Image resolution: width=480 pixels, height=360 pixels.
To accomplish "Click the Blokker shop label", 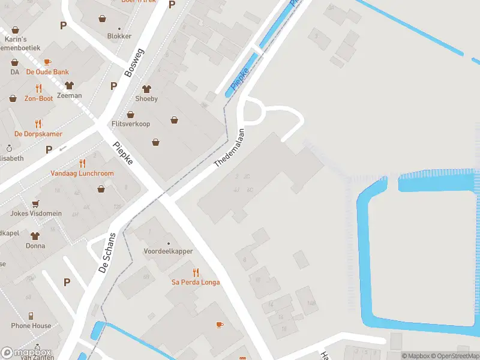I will point(119,36).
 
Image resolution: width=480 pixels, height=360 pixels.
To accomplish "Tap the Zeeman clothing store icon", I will point(69,86).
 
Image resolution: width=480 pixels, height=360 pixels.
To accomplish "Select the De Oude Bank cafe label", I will point(47,72).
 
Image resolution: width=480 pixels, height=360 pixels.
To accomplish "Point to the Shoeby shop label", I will point(146,98).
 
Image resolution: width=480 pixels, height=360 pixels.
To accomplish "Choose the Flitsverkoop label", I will point(131,124).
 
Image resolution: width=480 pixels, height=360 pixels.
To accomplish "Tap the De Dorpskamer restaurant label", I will point(38,134).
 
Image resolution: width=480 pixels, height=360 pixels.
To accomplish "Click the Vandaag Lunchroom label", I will point(82,173).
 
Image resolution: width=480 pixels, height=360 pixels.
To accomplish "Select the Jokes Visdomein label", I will point(35,213).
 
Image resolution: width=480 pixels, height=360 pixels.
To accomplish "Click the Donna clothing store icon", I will point(35,236).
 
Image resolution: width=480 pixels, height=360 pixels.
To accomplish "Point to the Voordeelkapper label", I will point(168,251).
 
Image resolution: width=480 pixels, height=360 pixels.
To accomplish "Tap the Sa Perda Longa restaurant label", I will point(196,282).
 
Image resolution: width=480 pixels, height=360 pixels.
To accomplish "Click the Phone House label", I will point(31,326).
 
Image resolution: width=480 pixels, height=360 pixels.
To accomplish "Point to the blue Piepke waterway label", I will point(240,80).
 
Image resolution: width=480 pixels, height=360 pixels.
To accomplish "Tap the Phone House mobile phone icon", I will point(31,316).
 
